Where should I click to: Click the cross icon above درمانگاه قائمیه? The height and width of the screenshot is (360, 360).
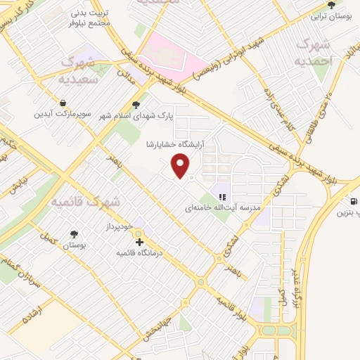(x=140, y=242)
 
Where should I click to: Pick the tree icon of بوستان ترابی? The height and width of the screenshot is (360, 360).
(x=331, y=4)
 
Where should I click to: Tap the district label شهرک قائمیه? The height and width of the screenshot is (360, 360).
(x=85, y=202)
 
